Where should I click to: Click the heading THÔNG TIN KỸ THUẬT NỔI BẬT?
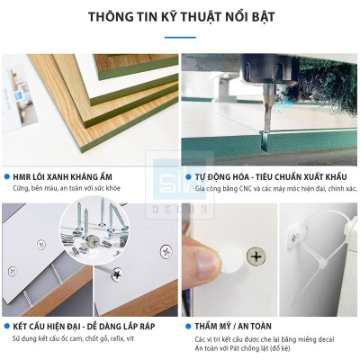click(180, 16)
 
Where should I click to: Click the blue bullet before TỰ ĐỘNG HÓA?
click(187, 177)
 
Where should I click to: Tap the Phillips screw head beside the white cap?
click(256, 257)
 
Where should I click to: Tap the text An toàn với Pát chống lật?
click(243, 348)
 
